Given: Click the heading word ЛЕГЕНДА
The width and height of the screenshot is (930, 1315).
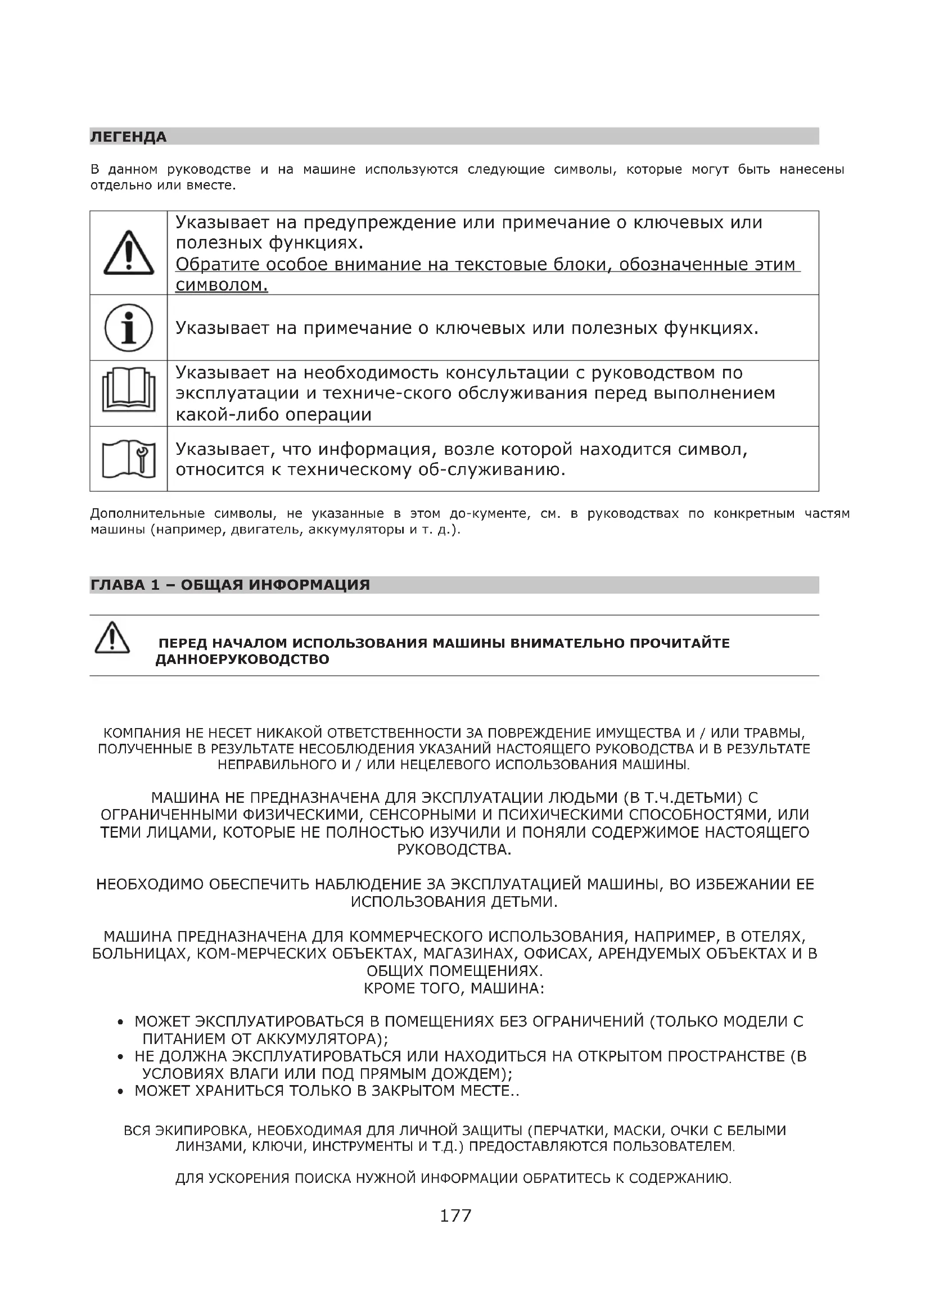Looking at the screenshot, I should pos(128,137).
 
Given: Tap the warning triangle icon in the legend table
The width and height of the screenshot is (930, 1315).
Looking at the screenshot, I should pos(129,252).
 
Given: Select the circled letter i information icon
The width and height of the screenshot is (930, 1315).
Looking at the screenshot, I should pos(129,328).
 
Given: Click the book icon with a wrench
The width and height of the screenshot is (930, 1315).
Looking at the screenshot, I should pos(129,459).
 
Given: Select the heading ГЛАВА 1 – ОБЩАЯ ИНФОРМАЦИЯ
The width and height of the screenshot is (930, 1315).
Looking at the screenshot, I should pos(229,585).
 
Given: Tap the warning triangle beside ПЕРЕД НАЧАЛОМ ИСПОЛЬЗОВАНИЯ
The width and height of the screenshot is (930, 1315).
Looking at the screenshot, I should pos(112,638).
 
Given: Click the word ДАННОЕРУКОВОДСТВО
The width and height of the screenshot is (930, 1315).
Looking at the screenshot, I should pos(242,659).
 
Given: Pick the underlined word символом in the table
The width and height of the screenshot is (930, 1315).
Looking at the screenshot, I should pos(221,284).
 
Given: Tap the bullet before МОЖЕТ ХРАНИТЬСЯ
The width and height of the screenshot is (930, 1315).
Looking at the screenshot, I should pos(120,1092).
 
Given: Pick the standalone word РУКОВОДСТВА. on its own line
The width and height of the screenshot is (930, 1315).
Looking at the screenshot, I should pos(454,849).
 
